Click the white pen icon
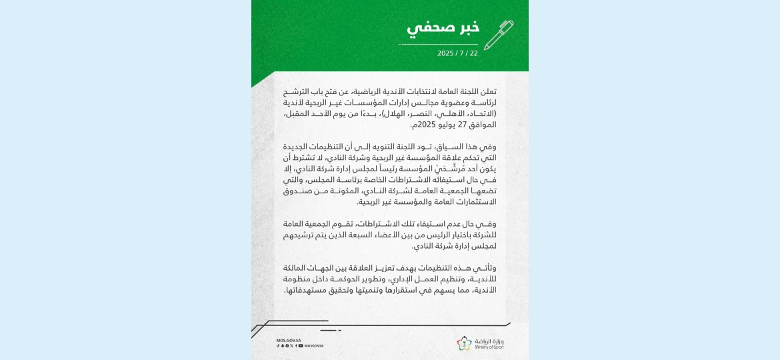click(498, 35)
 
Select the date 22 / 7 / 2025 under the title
click(457, 53)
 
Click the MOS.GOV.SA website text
click(289, 340)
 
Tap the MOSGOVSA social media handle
click(314, 346)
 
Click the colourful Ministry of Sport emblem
click(465, 343)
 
